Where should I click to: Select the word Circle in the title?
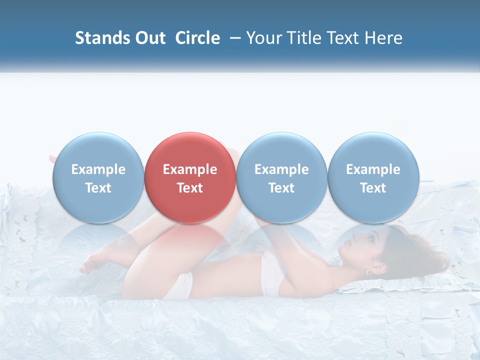point(197,38)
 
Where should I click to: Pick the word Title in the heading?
point(305,38)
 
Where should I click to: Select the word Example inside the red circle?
point(190,169)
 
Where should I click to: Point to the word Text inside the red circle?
point(190,188)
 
